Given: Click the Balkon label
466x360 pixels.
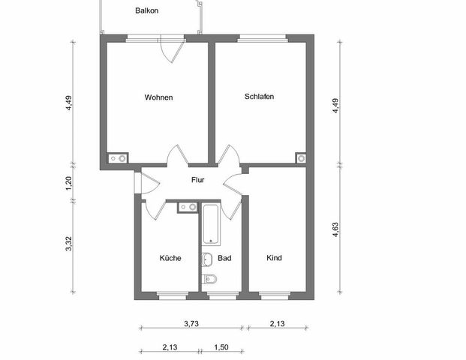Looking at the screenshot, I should click(x=147, y=10).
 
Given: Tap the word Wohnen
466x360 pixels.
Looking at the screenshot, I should click(x=159, y=97).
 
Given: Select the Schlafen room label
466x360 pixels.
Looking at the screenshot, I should click(x=259, y=97).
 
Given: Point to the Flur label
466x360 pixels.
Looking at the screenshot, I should click(x=198, y=180).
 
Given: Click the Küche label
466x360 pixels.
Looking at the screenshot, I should click(x=170, y=258).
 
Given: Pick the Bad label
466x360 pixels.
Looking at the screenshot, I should click(x=224, y=258).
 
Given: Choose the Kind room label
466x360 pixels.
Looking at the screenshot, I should click(x=274, y=258).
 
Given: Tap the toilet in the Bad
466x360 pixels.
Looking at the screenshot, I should click(x=211, y=280).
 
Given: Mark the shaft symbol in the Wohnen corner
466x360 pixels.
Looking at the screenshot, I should click(x=119, y=158).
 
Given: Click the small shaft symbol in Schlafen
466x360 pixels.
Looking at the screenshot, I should click(x=301, y=158).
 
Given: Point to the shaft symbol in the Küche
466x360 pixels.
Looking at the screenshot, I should click(x=187, y=207).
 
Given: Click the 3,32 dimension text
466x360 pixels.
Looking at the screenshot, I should click(x=68, y=244).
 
